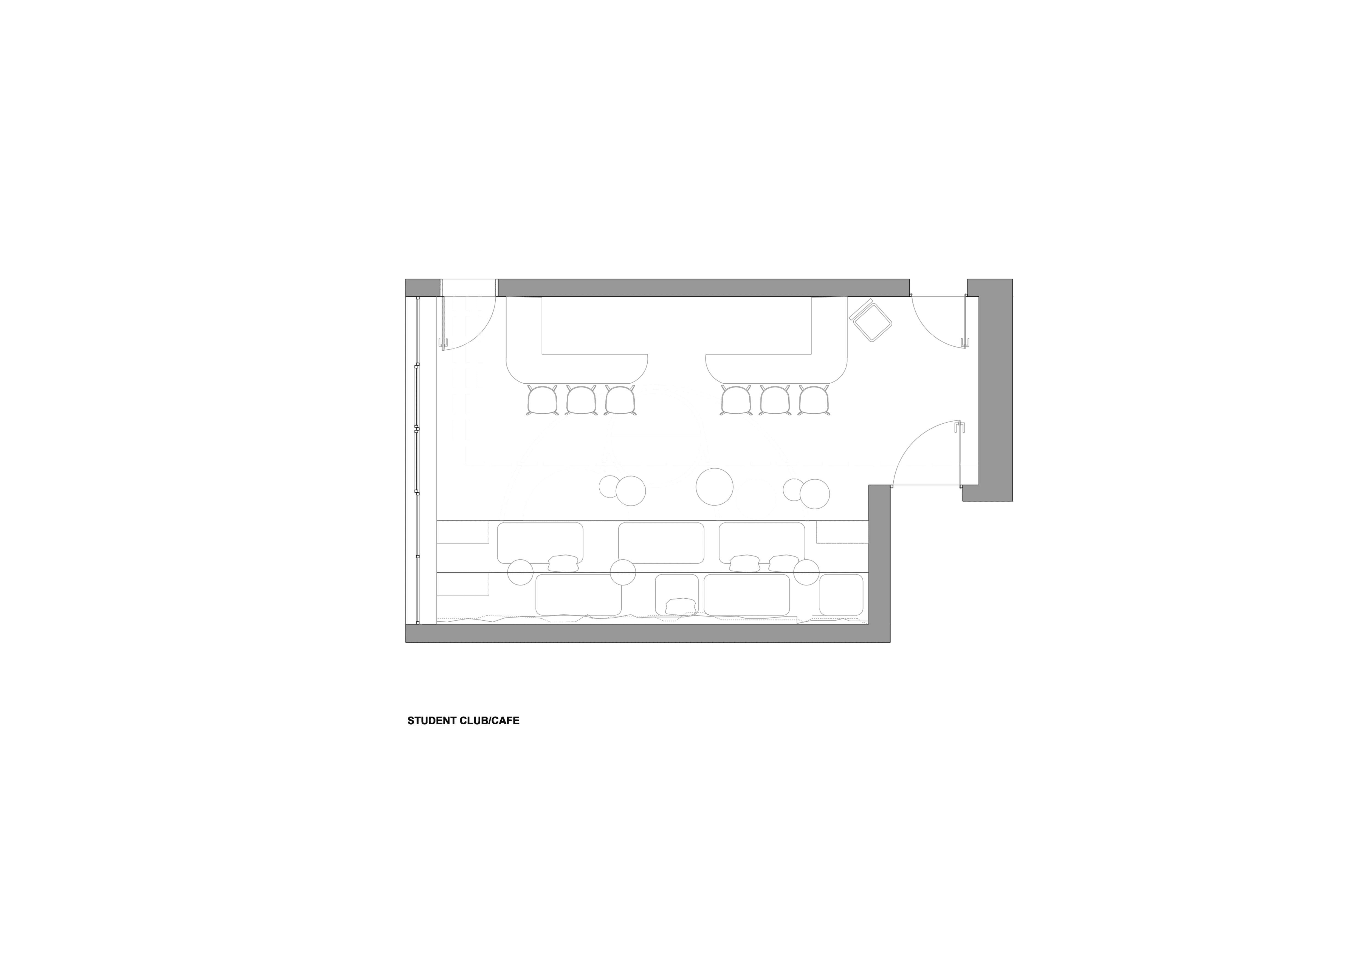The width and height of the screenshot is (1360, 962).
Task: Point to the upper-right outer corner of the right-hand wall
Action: point(1013,279)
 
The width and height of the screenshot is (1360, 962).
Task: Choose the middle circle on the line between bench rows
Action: point(623,572)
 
